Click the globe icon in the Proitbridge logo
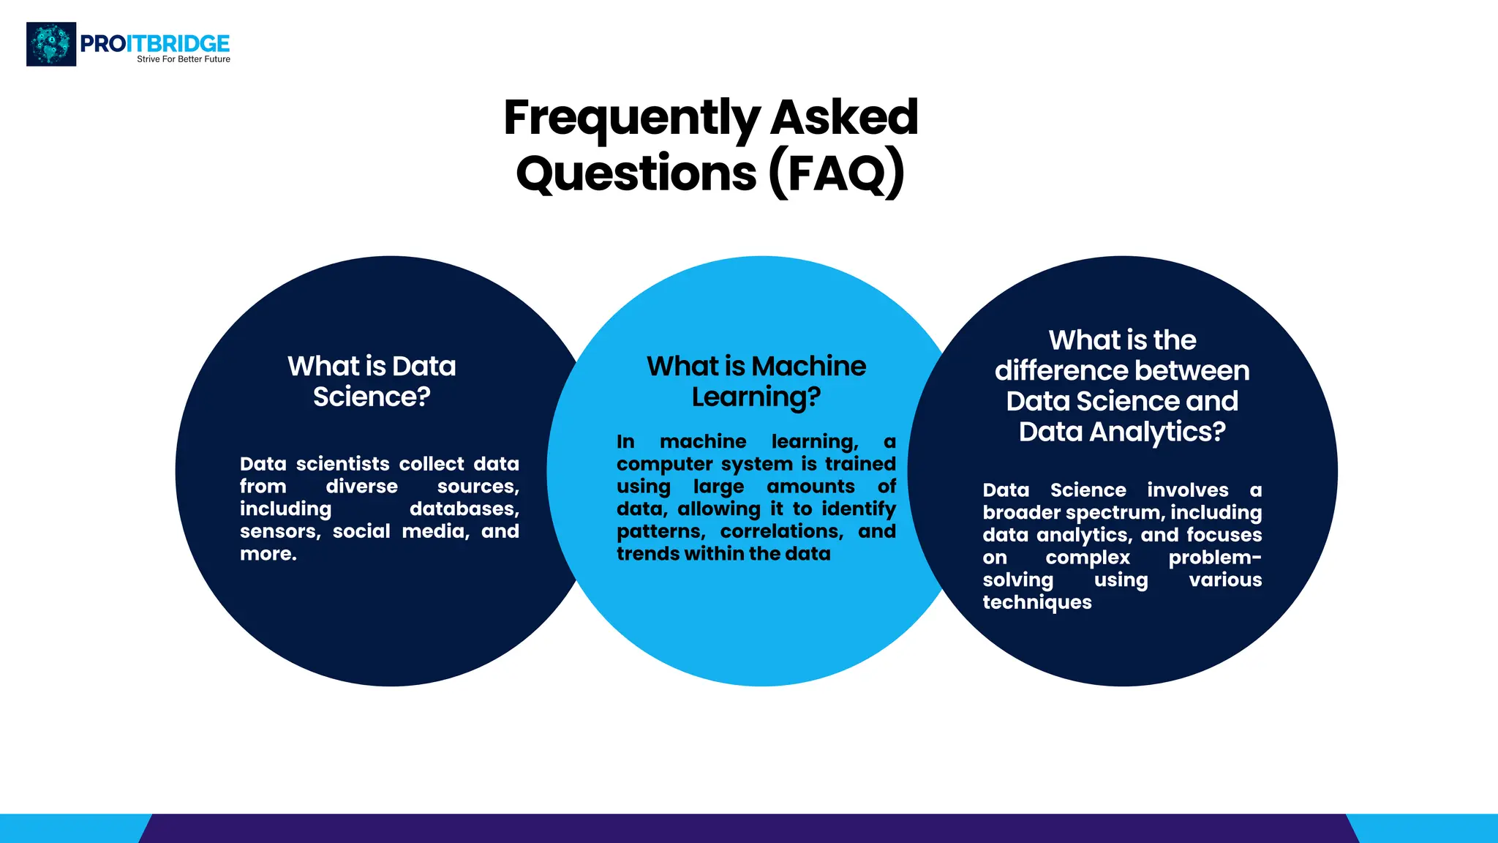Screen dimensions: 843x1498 click(51, 44)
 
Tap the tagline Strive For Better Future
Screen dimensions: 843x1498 click(184, 59)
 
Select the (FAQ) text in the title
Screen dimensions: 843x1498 click(837, 173)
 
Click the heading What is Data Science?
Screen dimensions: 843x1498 click(372, 381)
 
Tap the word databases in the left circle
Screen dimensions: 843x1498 click(464, 509)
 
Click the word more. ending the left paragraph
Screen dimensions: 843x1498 click(268, 554)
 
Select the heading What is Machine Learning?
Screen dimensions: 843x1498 click(756, 381)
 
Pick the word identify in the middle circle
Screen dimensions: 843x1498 click(858, 509)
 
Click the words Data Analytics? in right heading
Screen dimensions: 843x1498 click(1122, 432)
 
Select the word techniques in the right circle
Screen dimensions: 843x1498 click(1036, 602)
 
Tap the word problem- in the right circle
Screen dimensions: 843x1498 click(1214, 558)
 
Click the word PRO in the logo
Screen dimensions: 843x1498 click(102, 44)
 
